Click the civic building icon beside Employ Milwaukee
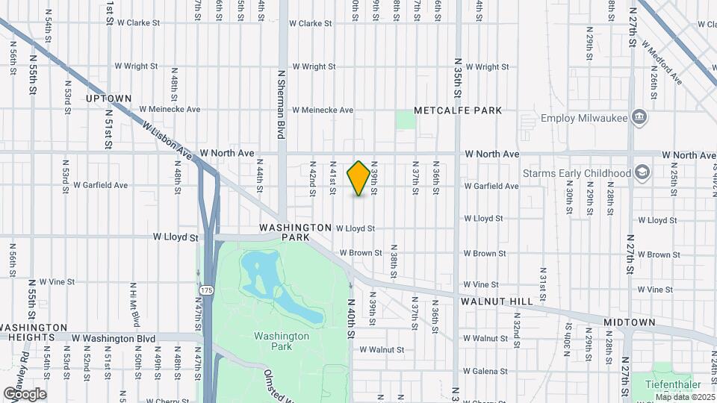pyautogui.click(x=639, y=117)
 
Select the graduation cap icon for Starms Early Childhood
pyautogui.click(x=642, y=173)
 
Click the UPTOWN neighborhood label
pyautogui.click(x=108, y=99)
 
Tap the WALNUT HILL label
pyautogui.click(x=496, y=302)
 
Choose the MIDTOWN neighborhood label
pyautogui.click(x=630, y=322)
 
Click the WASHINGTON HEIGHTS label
pyautogui.click(x=34, y=333)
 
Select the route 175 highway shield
pyautogui.click(x=206, y=289)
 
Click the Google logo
pyautogui.click(x=24, y=393)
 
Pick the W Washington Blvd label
pyautogui.click(x=114, y=339)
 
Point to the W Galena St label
pyautogui.click(x=485, y=371)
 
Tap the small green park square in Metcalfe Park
pyautogui.click(x=405, y=119)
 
